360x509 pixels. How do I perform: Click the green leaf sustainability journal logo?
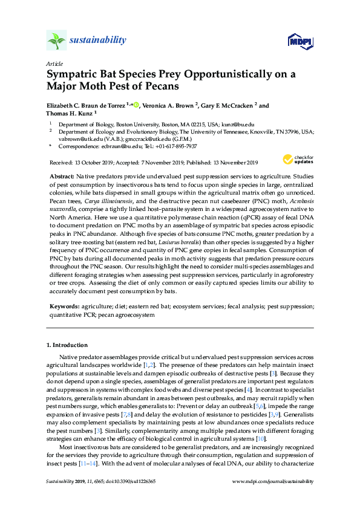pyautogui.click(x=56, y=41)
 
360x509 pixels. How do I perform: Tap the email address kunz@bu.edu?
pyautogui.click(x=221, y=123)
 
